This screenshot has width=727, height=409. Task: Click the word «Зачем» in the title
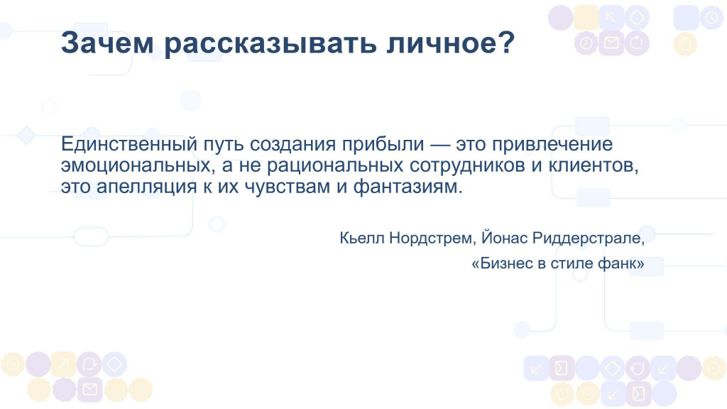click(x=107, y=43)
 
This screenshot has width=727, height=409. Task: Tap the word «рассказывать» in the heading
click(x=270, y=43)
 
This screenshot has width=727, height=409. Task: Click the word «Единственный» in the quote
click(x=129, y=143)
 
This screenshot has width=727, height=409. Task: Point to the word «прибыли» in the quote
click(x=383, y=145)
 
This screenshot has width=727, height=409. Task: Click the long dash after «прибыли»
click(x=440, y=145)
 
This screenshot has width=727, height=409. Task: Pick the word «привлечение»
click(x=552, y=145)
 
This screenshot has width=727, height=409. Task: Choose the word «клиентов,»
click(x=594, y=165)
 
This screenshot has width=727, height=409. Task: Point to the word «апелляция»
click(x=146, y=187)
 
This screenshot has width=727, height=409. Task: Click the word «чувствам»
click(x=288, y=187)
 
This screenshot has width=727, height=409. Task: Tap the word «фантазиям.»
click(x=408, y=187)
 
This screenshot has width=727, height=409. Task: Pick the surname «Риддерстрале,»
click(x=589, y=239)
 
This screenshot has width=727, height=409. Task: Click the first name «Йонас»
click(x=505, y=237)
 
